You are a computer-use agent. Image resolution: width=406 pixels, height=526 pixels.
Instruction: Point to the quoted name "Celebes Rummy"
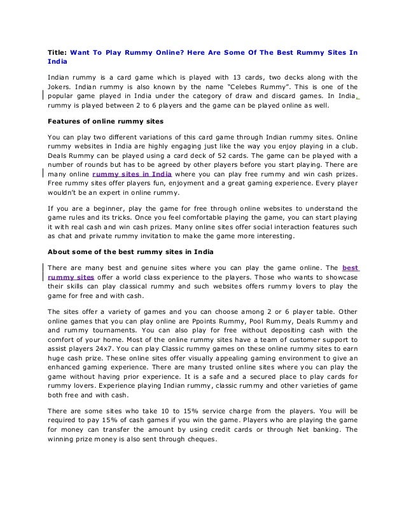272,87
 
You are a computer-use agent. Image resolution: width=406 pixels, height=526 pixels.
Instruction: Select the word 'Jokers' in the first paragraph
59,87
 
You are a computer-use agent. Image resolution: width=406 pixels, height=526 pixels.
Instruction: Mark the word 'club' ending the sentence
349,144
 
